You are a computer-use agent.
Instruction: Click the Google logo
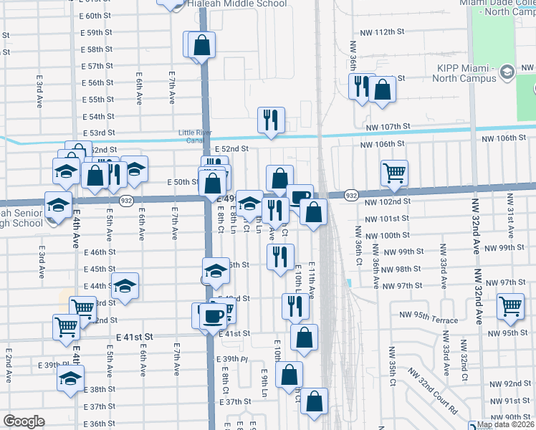[x=24, y=421]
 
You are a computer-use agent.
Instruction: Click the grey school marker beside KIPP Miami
[x=507, y=72]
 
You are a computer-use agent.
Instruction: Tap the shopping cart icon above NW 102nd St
[x=394, y=173]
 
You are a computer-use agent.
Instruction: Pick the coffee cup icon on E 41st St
[x=212, y=315]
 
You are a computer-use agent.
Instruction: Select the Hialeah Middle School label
[x=236, y=4]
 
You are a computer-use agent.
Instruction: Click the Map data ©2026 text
[x=504, y=424]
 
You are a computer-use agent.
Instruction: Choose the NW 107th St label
[x=387, y=126]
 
